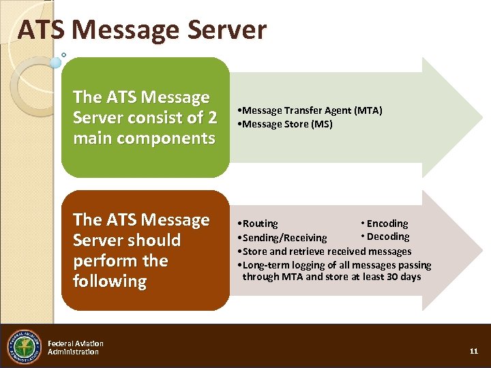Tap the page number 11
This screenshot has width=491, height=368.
(474, 351)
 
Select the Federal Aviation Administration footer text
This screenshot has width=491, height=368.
(76, 348)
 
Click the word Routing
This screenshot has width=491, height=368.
(260, 224)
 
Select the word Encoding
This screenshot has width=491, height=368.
(387, 224)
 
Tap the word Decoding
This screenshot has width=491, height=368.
(388, 236)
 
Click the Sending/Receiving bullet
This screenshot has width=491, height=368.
(282, 238)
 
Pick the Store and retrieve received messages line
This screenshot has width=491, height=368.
(324, 251)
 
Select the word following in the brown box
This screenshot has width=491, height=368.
(110, 281)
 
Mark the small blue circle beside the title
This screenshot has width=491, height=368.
(56, 62)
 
